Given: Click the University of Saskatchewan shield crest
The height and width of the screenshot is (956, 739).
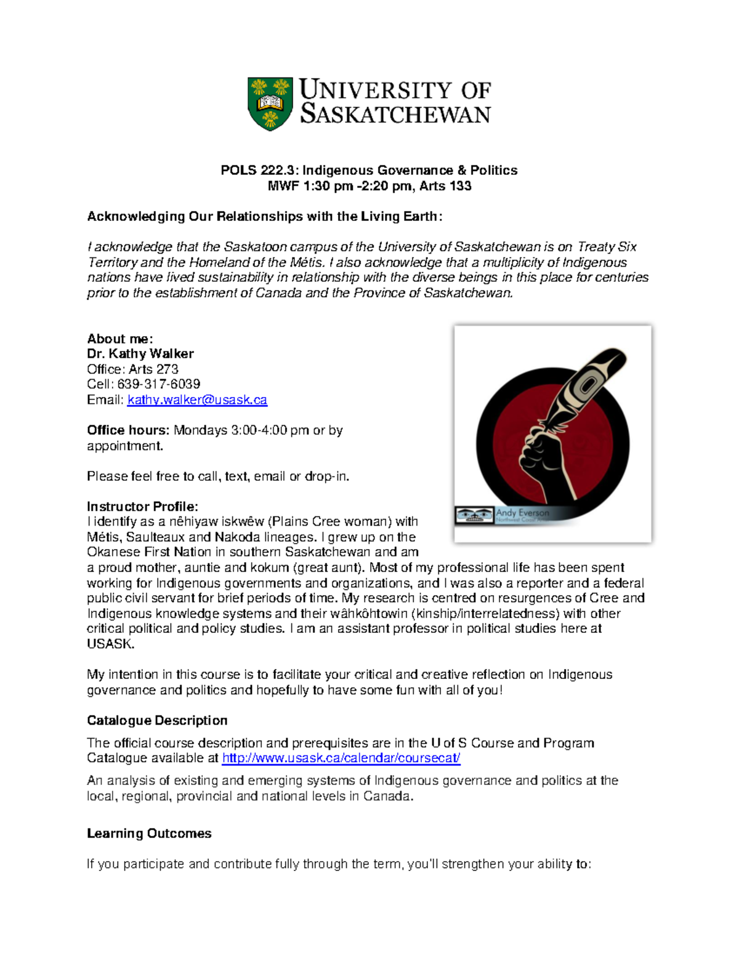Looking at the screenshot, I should pyautogui.click(x=270, y=103).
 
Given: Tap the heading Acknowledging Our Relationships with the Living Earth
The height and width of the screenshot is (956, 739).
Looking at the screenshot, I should pyautogui.click(x=264, y=217).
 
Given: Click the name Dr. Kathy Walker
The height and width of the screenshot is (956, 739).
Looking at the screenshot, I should pyautogui.click(x=140, y=354).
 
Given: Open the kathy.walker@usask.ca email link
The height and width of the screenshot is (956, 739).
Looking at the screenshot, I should pyautogui.click(x=197, y=400).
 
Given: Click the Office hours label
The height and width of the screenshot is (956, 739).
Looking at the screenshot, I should pyautogui.click(x=127, y=430).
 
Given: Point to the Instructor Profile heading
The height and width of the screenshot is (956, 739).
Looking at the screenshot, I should pyautogui.click(x=142, y=507).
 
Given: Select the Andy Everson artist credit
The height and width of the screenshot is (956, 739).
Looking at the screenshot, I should pyautogui.click(x=522, y=513).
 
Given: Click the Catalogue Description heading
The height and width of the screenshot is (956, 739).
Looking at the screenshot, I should pyautogui.click(x=157, y=721).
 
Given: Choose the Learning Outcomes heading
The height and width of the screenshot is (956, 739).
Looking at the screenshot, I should pyautogui.click(x=149, y=833).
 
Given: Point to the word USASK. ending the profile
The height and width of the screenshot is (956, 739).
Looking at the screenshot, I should pyautogui.click(x=110, y=645).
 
